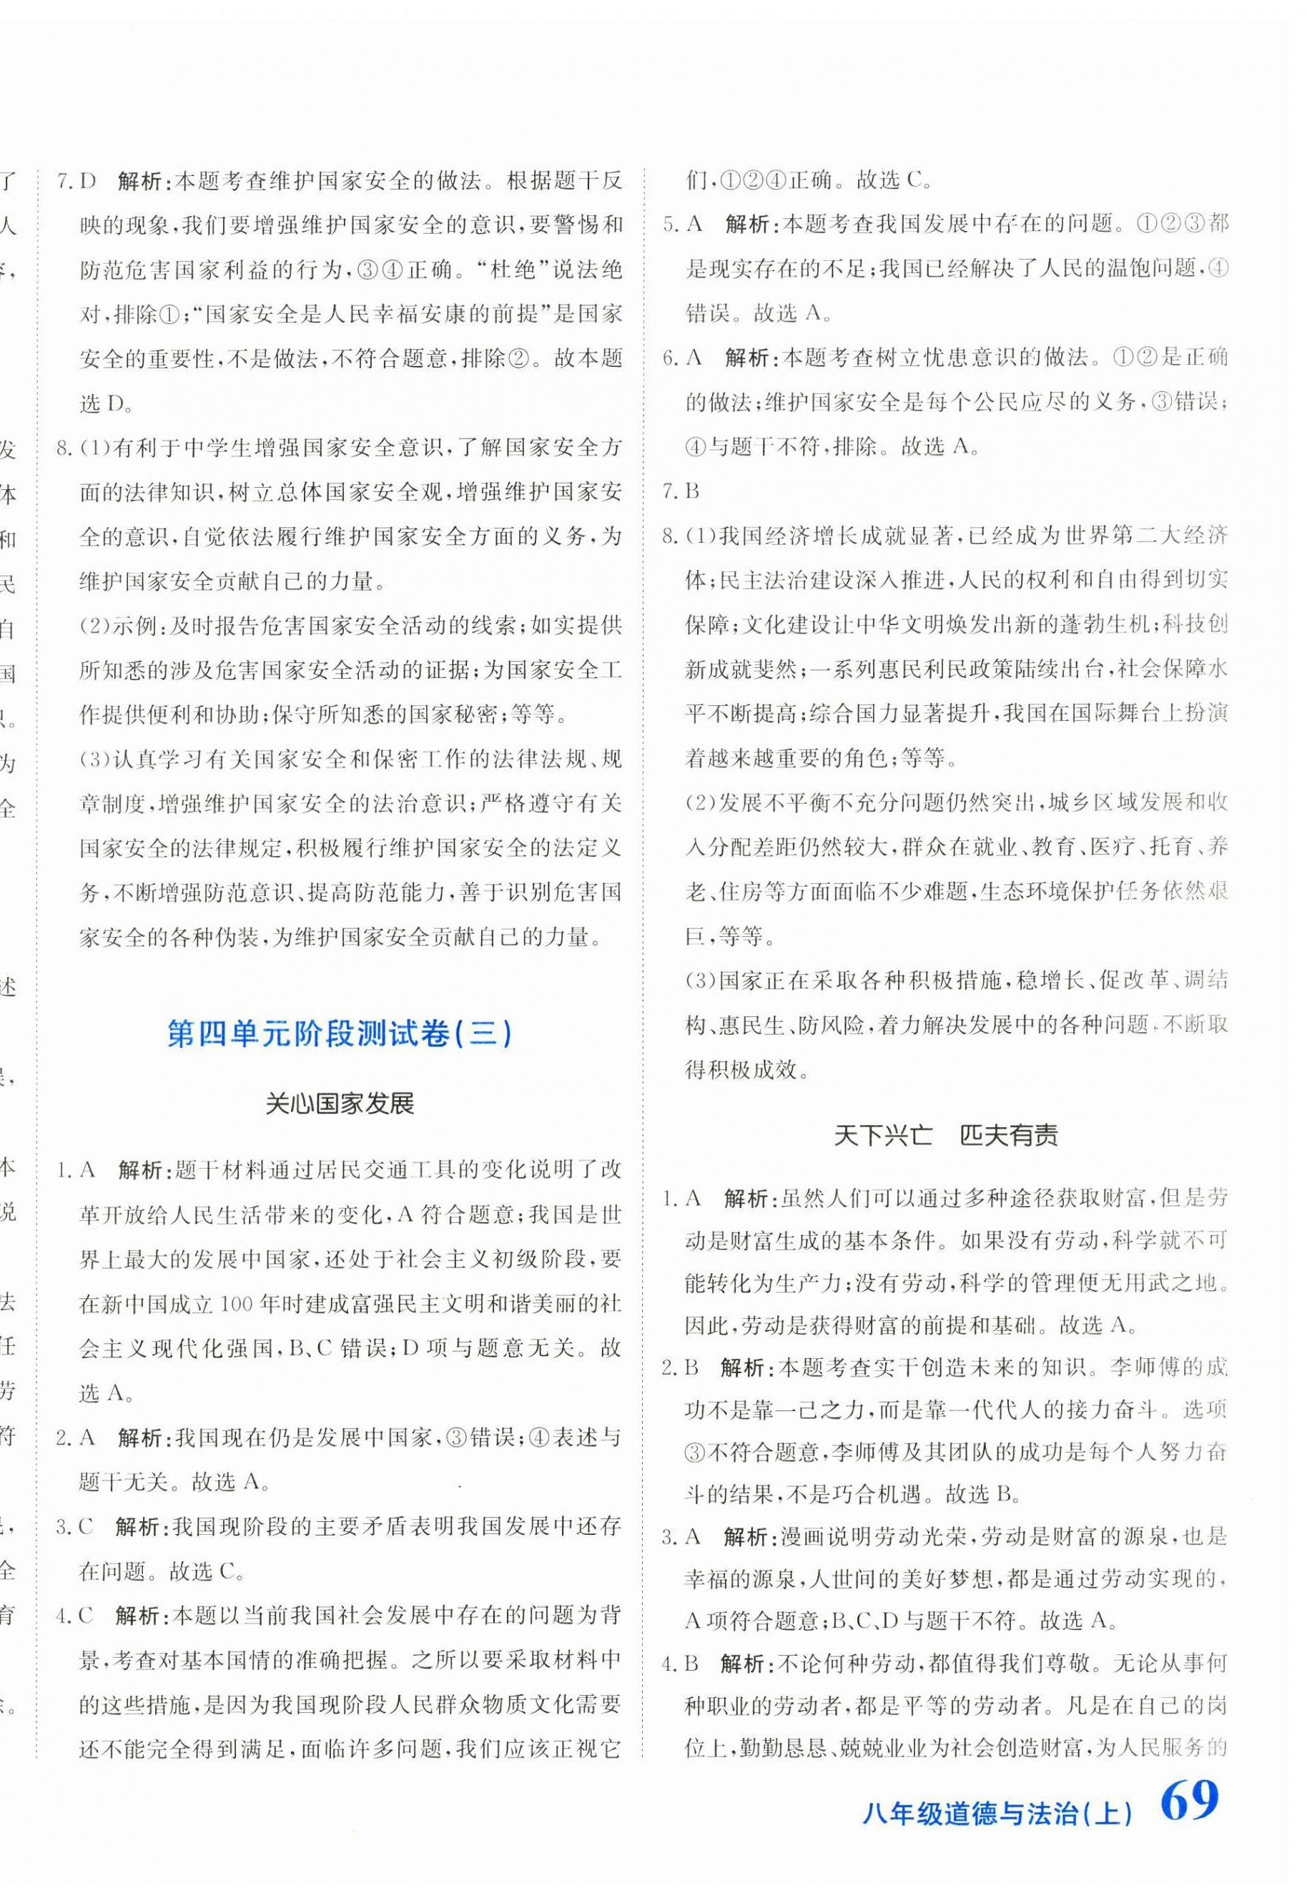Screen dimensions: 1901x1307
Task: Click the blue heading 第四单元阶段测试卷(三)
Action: pos(339,1033)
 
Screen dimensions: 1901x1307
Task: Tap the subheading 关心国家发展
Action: pos(340,1104)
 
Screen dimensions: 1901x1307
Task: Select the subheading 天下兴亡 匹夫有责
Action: pos(945,1135)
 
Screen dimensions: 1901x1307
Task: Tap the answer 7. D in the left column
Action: pos(77,181)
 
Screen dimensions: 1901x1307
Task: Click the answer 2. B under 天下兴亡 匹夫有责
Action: pos(679,1367)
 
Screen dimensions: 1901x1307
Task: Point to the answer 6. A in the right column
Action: pos(682,357)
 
